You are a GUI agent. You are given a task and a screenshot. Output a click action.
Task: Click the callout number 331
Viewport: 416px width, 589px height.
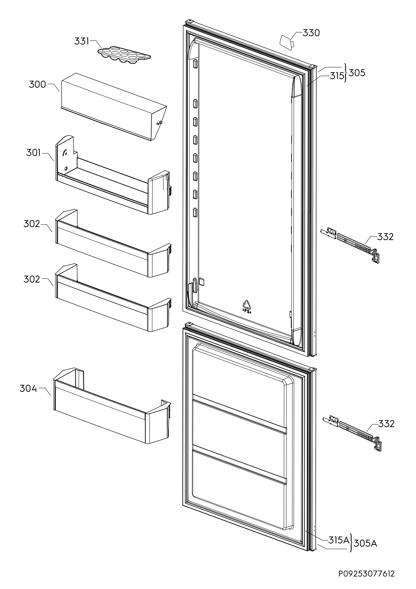(81, 41)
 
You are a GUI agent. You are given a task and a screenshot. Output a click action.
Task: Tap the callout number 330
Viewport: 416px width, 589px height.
(311, 33)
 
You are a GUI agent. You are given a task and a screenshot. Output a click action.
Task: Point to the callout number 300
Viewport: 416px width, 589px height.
(37, 84)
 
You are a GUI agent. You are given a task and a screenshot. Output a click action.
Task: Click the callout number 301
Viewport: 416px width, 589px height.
(33, 153)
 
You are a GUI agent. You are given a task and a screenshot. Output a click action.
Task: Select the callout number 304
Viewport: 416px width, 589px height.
(28, 389)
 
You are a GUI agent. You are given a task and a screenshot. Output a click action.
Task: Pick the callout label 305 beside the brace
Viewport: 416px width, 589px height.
(357, 73)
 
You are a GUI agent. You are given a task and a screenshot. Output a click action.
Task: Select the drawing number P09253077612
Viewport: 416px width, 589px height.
(366, 574)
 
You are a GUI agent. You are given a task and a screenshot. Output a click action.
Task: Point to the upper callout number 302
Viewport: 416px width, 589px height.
(32, 224)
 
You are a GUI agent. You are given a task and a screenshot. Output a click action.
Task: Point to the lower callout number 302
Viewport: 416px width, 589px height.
(32, 279)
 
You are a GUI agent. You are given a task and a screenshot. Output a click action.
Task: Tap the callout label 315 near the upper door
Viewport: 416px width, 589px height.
(337, 76)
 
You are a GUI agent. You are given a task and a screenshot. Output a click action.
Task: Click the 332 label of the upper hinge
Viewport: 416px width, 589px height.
(385, 237)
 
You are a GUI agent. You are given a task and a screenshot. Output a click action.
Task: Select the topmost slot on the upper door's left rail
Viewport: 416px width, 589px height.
(195, 63)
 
